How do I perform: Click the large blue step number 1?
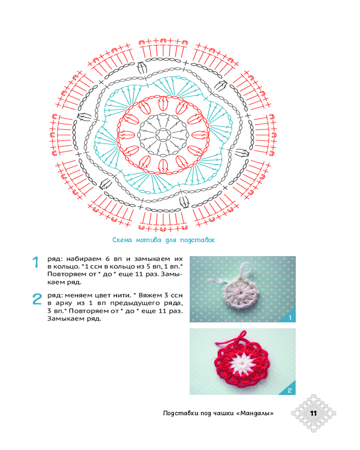36,262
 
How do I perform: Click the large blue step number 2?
37,299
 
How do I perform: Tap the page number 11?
314,413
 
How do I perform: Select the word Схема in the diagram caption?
121,240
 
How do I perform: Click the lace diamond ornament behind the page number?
314,413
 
